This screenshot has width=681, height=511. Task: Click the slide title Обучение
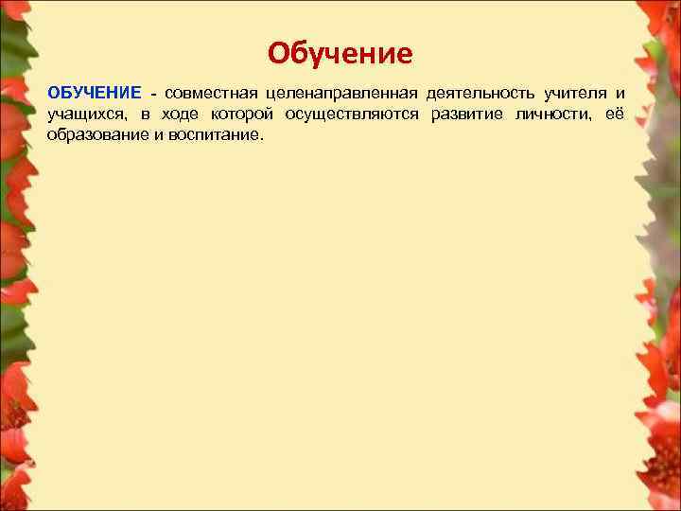[x=340, y=53]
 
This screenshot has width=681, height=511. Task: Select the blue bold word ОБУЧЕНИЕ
[x=95, y=94]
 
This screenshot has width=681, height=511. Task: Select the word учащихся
[x=84, y=115]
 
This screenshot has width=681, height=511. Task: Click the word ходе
[x=175, y=115]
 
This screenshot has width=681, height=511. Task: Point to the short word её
[x=617, y=115]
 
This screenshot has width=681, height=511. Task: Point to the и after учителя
[x=620, y=94]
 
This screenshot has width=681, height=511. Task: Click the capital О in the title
[x=278, y=53]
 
